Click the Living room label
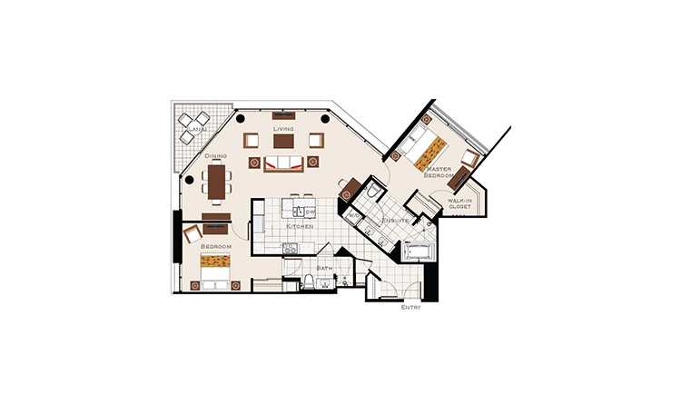283,129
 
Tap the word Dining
216,155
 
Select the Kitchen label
300,226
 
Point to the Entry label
410,307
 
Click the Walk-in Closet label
459,203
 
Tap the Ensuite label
395,221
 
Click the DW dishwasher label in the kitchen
311,212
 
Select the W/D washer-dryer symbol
352,215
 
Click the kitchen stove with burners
290,248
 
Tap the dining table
216,181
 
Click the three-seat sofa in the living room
283,163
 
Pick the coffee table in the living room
283,142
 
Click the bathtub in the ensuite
418,252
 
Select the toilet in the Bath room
308,282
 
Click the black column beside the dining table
189,180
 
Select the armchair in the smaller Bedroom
192,233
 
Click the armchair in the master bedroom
470,157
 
